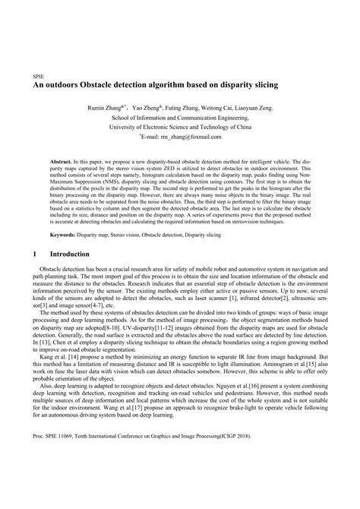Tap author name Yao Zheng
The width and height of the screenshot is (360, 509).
tap(155, 109)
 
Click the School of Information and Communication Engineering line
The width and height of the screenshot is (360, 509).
tap(180, 119)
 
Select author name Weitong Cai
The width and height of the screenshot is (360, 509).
tap(225, 109)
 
